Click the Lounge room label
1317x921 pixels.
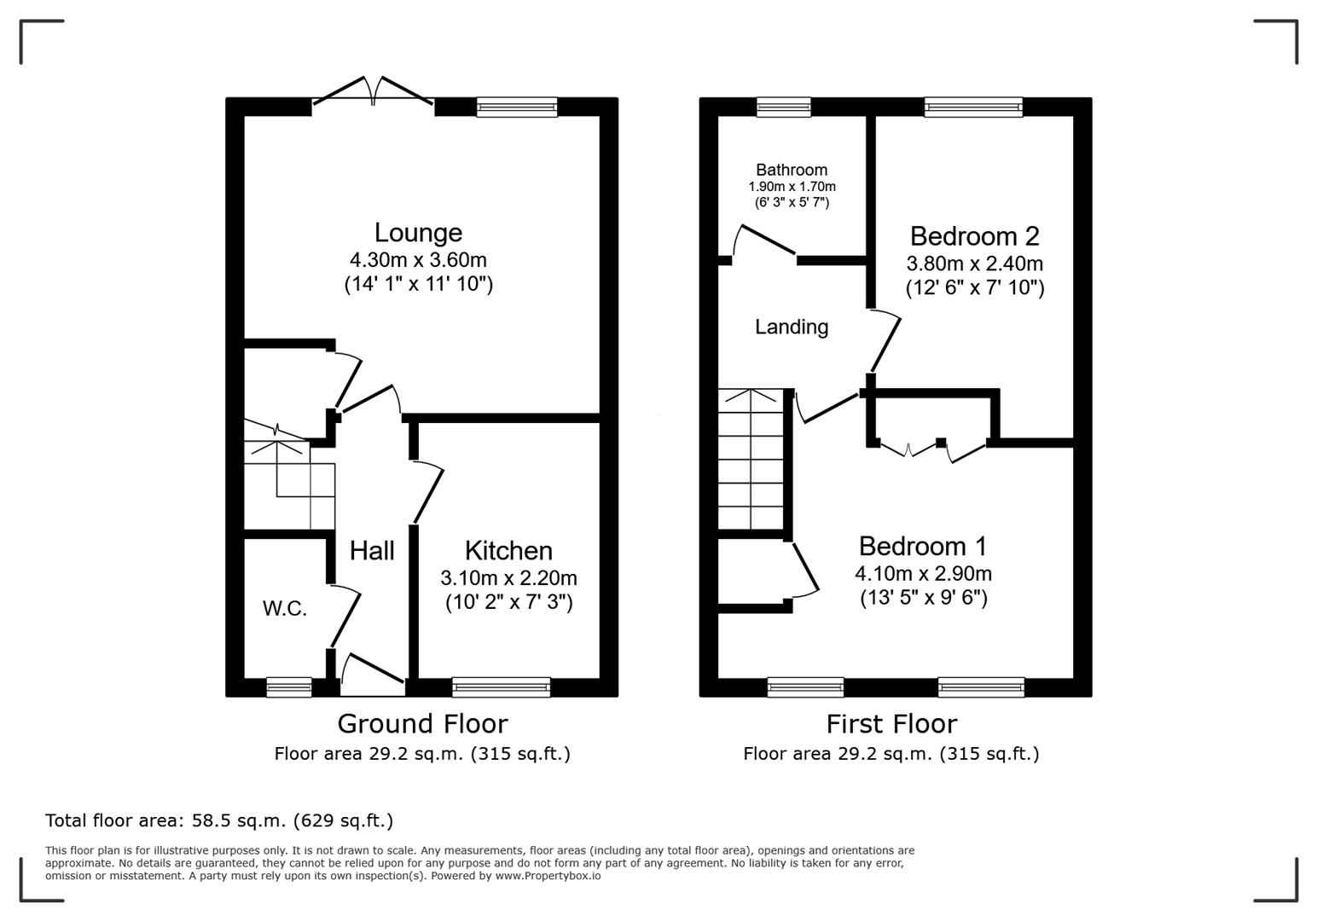418,233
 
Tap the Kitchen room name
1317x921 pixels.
508,551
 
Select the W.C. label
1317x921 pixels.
284,609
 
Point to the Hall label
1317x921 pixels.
372,551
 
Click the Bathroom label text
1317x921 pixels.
792,170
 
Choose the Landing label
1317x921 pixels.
792,327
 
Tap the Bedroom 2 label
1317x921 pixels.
974,236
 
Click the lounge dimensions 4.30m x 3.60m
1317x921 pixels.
418,260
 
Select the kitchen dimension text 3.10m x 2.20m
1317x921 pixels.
508,578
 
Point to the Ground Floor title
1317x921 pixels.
422,724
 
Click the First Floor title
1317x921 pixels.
891,724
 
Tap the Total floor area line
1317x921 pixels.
219,820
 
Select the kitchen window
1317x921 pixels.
501,686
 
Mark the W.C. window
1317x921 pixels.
289,686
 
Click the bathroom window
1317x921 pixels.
784,107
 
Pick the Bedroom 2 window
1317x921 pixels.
973,107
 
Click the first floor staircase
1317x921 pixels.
751,460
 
